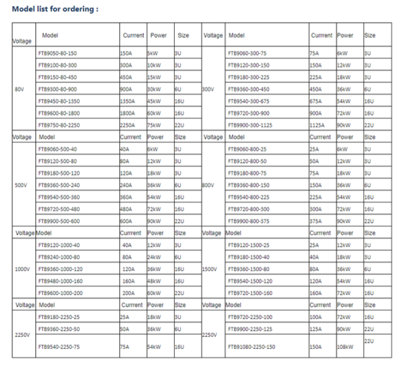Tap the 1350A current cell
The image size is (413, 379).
click(x=127, y=100)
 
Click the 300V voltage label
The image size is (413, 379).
click(x=209, y=89)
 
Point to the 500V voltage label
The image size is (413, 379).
click(x=21, y=184)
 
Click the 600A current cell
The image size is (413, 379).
click(x=125, y=220)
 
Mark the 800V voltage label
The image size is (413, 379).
click(x=209, y=184)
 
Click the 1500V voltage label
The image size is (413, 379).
click(x=210, y=268)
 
